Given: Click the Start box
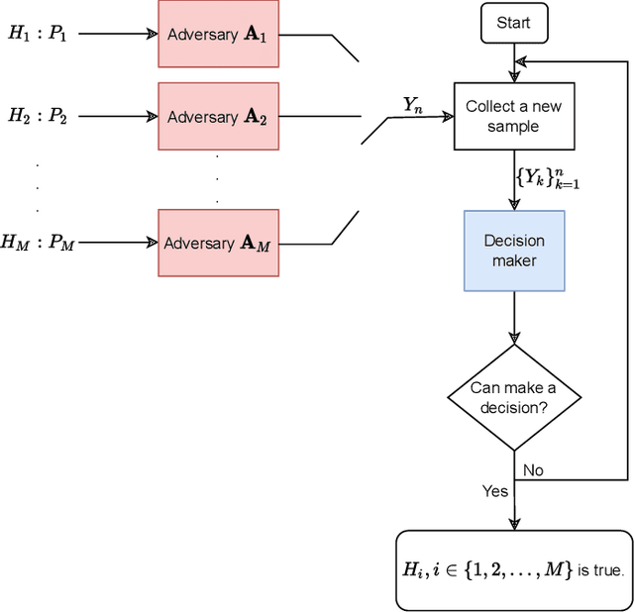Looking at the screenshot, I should [513, 23].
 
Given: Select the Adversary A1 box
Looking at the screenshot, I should [217, 34].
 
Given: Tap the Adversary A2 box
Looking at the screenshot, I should [217, 116].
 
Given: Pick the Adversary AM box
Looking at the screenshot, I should [217, 243].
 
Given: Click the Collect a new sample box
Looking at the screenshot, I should [513, 116].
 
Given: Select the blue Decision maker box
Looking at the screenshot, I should [514, 251].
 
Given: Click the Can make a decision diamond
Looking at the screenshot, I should [513, 397].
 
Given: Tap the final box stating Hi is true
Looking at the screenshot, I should [513, 570].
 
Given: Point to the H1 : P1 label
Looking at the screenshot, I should [38, 33].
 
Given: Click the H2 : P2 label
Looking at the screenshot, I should [38, 116].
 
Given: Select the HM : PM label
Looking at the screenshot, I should [38, 242].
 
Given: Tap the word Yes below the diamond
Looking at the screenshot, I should [494, 491].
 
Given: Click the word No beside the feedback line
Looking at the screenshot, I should [533, 470].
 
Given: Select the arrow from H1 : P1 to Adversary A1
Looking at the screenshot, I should [117, 34].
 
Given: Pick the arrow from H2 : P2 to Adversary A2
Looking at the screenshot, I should [117, 116].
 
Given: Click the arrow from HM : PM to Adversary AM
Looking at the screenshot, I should [117, 243].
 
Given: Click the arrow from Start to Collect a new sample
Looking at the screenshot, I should [514, 62].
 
